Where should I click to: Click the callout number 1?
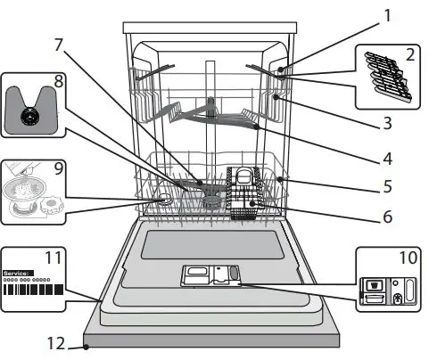coord(388,14)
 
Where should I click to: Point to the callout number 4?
coord(388,160)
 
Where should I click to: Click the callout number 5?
coord(388,188)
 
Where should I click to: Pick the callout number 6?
coord(388,215)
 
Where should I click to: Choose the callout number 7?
coord(58,45)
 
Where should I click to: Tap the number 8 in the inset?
coord(58,80)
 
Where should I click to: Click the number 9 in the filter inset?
coord(58,166)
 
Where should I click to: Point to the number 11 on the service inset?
coord(54,258)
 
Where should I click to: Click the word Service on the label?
coord(18,273)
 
